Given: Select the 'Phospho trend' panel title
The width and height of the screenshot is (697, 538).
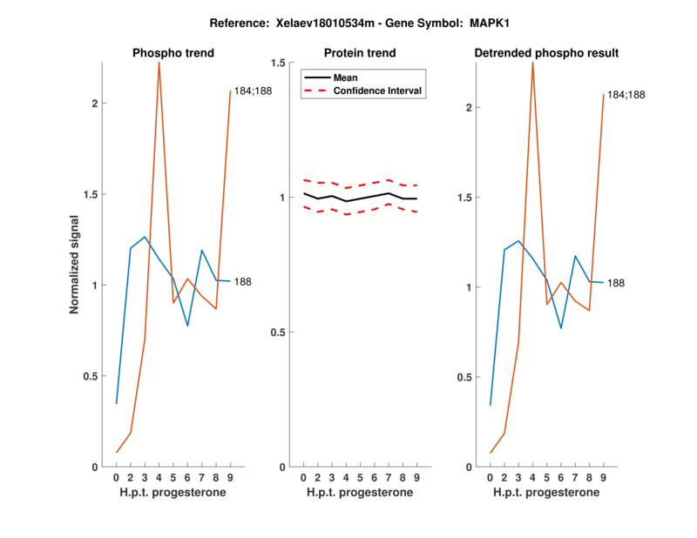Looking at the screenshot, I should (x=173, y=53).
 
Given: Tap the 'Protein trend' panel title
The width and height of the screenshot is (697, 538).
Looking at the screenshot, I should (x=360, y=53).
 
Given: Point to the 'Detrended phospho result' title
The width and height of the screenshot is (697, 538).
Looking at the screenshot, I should (x=546, y=53).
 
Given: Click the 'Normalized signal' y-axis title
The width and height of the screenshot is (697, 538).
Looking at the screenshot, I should (x=75, y=265).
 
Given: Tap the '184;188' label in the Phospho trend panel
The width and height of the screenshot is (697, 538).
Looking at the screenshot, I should (x=253, y=91).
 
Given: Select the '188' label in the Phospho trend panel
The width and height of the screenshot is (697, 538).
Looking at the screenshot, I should (x=244, y=281).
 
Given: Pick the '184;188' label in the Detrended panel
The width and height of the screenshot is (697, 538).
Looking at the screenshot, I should (x=626, y=94).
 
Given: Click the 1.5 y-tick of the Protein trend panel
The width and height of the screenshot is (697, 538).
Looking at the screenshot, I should (x=278, y=63).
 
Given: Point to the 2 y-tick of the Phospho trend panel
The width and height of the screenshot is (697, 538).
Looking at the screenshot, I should (x=93, y=104).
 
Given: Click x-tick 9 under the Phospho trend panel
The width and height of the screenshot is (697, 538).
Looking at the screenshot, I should (x=230, y=478).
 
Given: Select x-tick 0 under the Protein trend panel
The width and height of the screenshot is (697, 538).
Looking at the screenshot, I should (x=303, y=478).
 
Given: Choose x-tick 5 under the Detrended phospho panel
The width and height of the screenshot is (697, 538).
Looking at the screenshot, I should (x=546, y=478).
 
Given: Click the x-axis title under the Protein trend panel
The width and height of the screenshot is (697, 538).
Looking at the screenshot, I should (x=360, y=493).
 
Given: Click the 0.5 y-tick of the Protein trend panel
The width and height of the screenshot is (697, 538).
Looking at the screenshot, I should (x=278, y=333).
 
